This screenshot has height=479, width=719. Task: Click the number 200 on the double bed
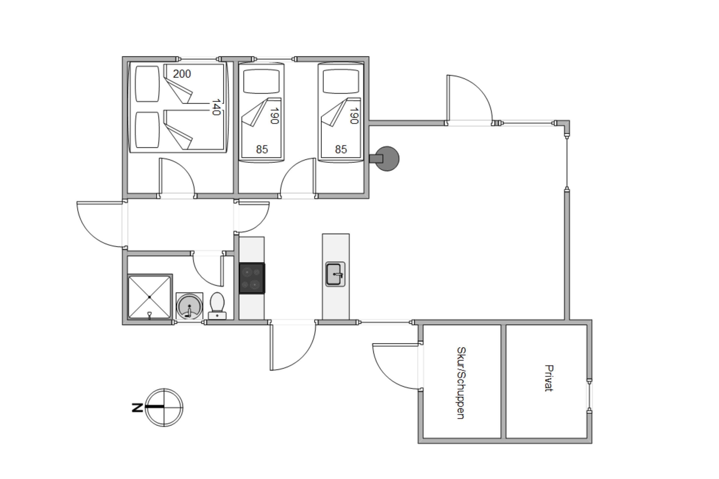[182, 74]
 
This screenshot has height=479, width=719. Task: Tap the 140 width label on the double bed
[216, 107]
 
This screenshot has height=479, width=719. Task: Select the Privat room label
[549, 378]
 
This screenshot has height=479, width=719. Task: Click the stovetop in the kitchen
[252, 278]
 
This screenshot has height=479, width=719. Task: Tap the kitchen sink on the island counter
[335, 274]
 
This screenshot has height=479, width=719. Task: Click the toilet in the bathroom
[217, 306]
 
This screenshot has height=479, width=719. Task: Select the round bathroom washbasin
[190, 306]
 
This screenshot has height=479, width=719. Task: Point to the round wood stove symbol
[387, 159]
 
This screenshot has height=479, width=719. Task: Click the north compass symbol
[164, 408]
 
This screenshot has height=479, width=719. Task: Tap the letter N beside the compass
[137, 408]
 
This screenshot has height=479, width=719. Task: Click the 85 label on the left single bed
[262, 149]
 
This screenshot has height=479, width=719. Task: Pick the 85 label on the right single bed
[341, 149]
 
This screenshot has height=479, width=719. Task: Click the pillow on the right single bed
[341, 81]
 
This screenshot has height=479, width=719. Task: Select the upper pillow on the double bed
[147, 84]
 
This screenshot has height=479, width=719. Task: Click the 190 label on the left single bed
[274, 116]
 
